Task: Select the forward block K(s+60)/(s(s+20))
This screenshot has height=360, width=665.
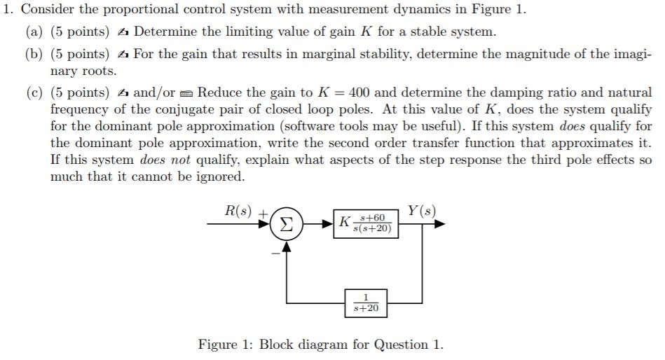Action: [x=366, y=224]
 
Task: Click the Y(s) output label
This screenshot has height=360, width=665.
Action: [x=421, y=210]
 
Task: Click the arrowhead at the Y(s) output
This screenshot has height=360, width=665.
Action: [x=439, y=225]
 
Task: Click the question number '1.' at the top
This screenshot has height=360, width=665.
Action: [x=8, y=10]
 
